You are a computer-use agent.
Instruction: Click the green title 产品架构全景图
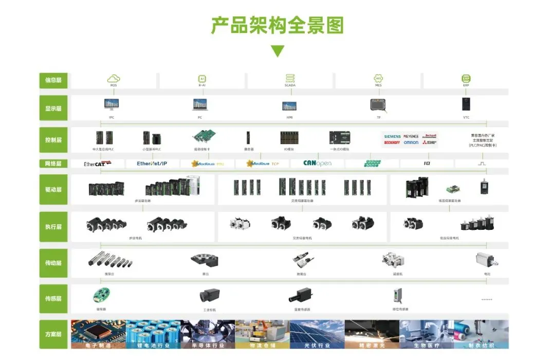click(277, 25)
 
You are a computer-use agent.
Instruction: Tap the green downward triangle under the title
click(277, 51)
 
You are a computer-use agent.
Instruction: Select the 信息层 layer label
click(53, 80)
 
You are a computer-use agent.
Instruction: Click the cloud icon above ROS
click(113, 78)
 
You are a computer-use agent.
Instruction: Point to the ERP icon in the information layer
click(466, 78)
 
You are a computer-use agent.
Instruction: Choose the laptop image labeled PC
click(200, 105)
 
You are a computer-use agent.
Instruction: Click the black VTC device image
click(466, 103)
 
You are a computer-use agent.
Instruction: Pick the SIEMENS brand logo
click(392, 136)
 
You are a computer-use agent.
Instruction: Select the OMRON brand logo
click(411, 142)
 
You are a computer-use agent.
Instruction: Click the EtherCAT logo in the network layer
click(98, 164)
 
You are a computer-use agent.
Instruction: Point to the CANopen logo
click(317, 164)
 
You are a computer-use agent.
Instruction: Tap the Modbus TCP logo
click(263, 164)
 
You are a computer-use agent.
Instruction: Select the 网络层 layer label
click(53, 164)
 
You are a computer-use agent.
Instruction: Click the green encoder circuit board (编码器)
click(101, 295)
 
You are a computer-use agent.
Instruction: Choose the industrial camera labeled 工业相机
click(209, 296)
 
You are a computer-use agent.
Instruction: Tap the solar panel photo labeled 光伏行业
click(317, 334)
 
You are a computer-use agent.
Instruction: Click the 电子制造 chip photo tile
click(98, 334)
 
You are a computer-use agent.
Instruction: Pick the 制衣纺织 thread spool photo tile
click(481, 334)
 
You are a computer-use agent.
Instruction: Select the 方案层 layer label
click(53, 334)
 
